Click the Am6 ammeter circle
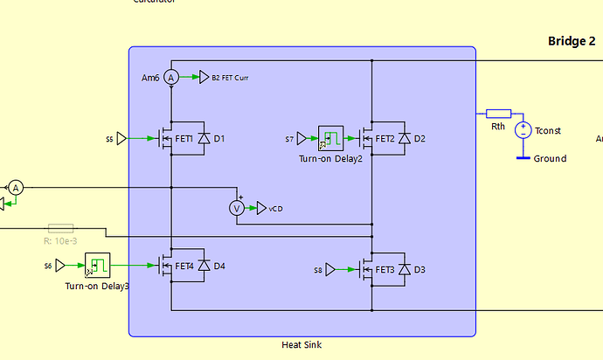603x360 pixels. pos(172,78)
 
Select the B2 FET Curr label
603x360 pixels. pos(230,78)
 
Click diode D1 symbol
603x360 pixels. pos(204,138)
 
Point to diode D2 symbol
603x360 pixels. pos(405,138)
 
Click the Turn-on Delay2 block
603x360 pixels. pos(330,137)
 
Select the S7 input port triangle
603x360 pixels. pos(301,138)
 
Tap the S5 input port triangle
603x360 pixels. pos(121,138)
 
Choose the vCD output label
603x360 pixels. pos(275,208)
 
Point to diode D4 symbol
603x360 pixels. pos(204,266)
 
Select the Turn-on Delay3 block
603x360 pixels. pos(97,265)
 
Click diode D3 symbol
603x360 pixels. pos(405,269)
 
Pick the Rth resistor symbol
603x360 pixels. pos(498,114)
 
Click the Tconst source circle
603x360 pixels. pos(523,130)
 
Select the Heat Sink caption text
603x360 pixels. pos(301,345)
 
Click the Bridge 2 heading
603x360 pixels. pos(572,41)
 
